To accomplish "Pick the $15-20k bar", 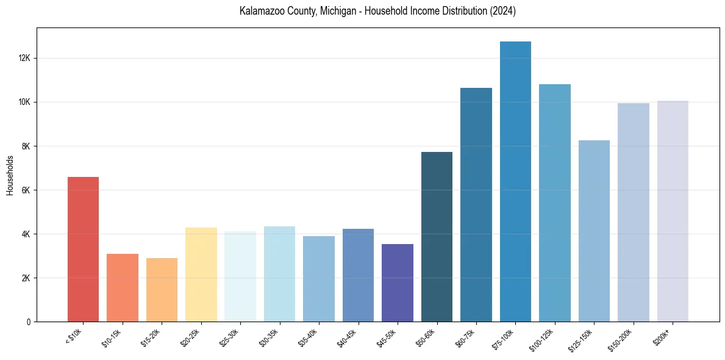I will point(162,290).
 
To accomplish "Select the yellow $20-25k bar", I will point(201,275).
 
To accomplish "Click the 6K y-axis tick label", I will point(26,190).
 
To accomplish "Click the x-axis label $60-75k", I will point(465,337).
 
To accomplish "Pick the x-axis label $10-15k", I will point(111,337).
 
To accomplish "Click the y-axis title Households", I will point(10,175).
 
